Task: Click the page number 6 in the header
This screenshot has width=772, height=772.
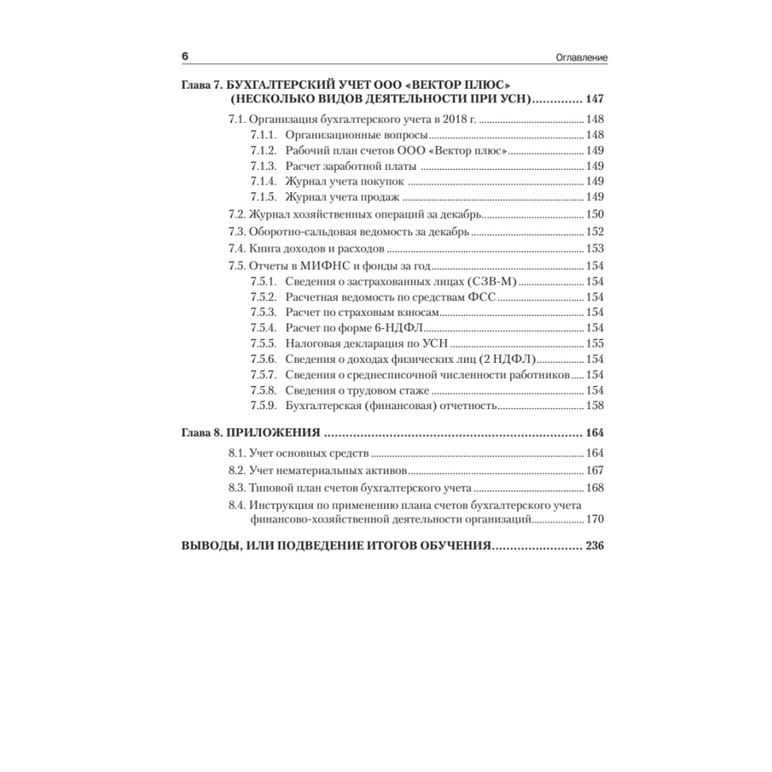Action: click(x=185, y=57)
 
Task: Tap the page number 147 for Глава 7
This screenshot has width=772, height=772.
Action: click(x=595, y=99)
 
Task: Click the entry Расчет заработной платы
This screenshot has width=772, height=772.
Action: click(x=351, y=166)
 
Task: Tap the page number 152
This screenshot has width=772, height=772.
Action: click(x=595, y=232)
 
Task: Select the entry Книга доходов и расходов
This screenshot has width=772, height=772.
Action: click(x=316, y=249)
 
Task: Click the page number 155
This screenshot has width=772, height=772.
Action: click(x=595, y=344)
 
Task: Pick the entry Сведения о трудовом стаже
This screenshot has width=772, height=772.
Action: click(x=357, y=390)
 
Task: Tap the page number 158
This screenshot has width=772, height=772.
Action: click(x=595, y=405)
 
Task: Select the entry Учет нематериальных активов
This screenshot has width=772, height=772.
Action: click(x=327, y=470)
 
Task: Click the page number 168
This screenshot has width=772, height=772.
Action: click(x=595, y=488)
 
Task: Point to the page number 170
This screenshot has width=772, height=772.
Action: click(x=595, y=520)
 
